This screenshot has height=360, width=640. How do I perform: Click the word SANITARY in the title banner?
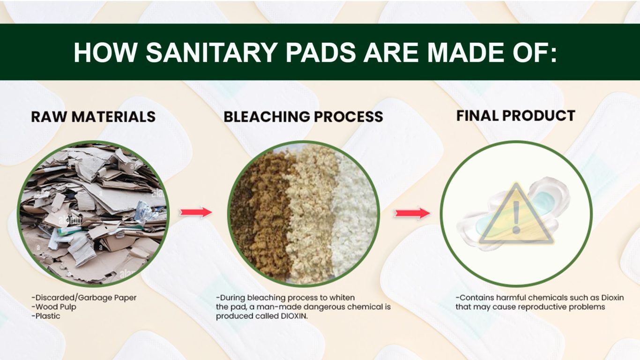click(212, 52)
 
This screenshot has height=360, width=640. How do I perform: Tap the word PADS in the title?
click(320, 52)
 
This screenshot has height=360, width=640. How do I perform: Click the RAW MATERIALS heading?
click(93, 117)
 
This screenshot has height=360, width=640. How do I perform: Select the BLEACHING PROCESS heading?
click(303, 117)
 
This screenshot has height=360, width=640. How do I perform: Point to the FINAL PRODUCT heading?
click(516, 115)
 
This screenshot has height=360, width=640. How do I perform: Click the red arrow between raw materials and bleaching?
click(196, 212)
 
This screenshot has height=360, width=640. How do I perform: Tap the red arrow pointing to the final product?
click(412, 213)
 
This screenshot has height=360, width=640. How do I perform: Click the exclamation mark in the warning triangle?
click(516, 217)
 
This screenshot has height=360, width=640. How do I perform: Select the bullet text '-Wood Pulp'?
click(54, 307)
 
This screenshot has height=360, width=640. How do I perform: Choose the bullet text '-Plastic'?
click(46, 316)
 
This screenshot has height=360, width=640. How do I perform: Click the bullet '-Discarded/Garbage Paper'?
click(84, 298)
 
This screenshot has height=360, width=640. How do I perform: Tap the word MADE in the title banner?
click(465, 52)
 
